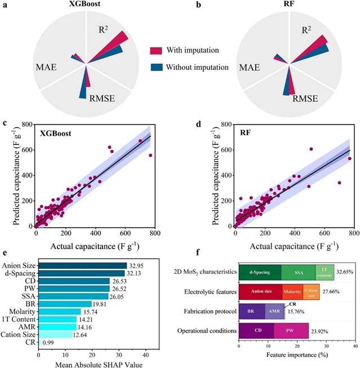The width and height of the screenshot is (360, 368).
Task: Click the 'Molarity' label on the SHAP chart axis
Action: [x=23, y=312]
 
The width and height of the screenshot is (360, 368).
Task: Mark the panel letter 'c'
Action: [x=5, y=123]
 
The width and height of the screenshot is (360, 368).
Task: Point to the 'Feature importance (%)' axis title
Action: [x=297, y=362]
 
